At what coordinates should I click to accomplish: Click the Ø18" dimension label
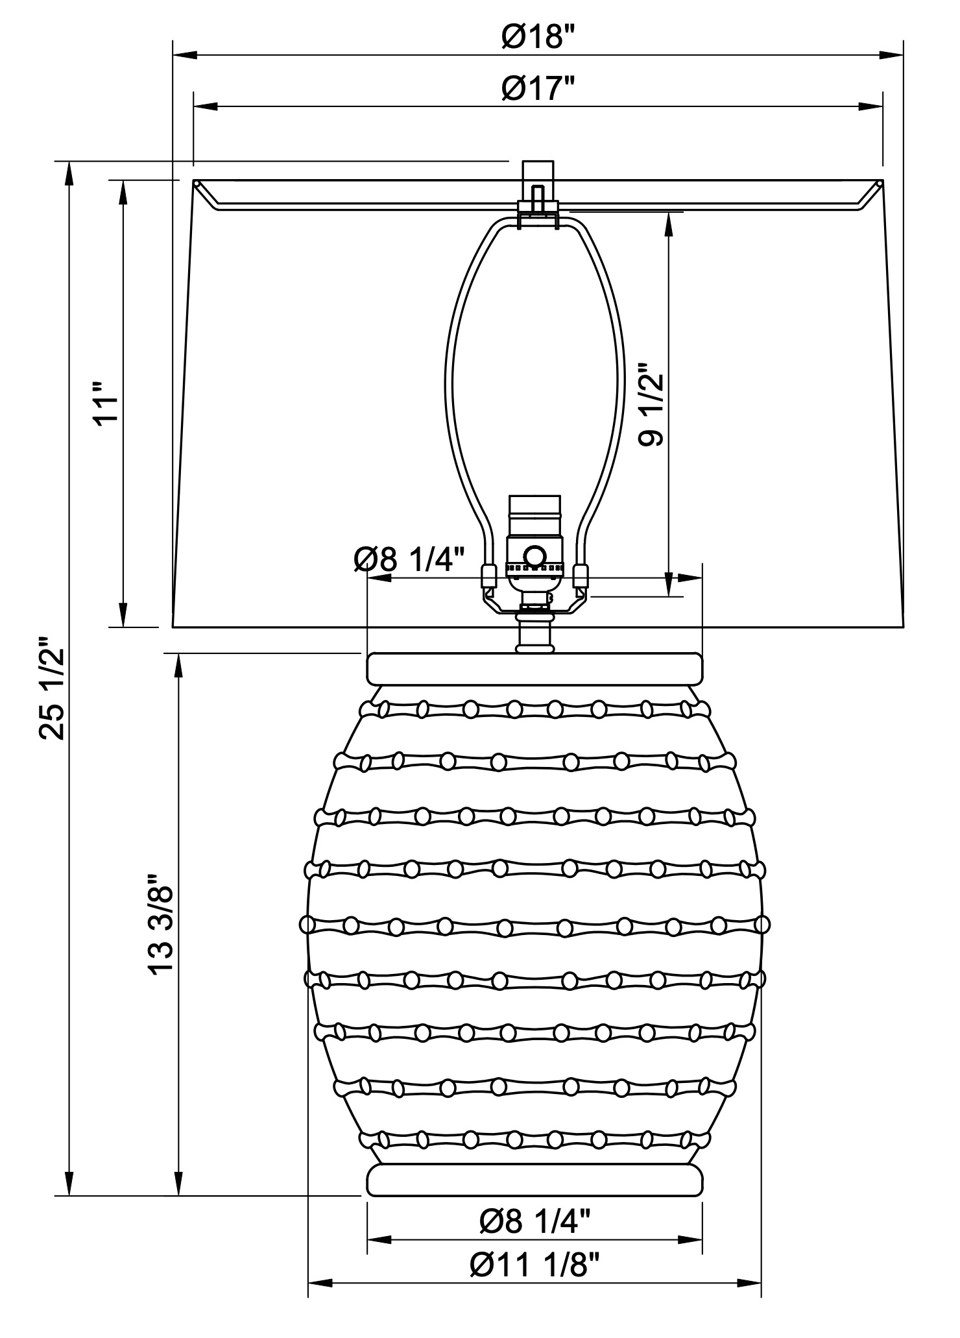click(538, 37)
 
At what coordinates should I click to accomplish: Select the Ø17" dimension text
click(538, 88)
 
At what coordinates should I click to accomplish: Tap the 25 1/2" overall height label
click(53, 688)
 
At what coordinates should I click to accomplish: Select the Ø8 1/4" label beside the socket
click(410, 559)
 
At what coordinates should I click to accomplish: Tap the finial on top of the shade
click(538, 188)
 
